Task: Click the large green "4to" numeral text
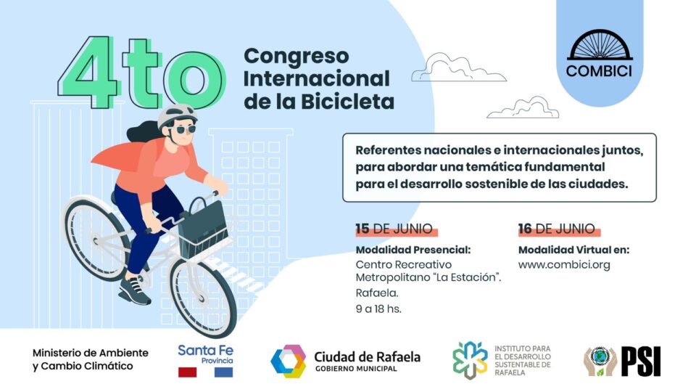[x=141, y=73]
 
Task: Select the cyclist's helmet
[x=177, y=115]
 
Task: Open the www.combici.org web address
[x=563, y=265]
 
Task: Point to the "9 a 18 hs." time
[x=378, y=309]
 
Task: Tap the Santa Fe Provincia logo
[x=206, y=359]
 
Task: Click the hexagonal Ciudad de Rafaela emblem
[x=288, y=361]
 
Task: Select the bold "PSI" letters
[x=641, y=361]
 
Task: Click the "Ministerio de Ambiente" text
[x=91, y=353]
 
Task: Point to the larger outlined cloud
[x=449, y=68]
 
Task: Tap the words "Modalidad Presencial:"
[x=413, y=250]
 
